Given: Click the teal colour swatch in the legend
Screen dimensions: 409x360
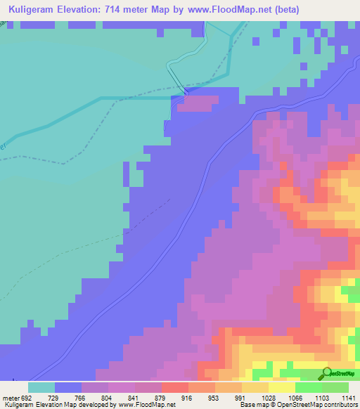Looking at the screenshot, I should coord(41,387).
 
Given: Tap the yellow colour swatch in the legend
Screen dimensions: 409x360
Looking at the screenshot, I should coord(282,387).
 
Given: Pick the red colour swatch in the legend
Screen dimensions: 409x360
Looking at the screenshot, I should coord(174,387).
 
